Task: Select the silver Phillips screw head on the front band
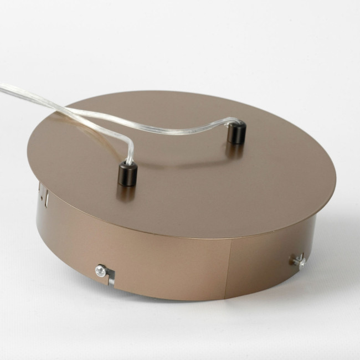tap(101, 270)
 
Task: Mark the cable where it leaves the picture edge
tap(2, 87)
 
